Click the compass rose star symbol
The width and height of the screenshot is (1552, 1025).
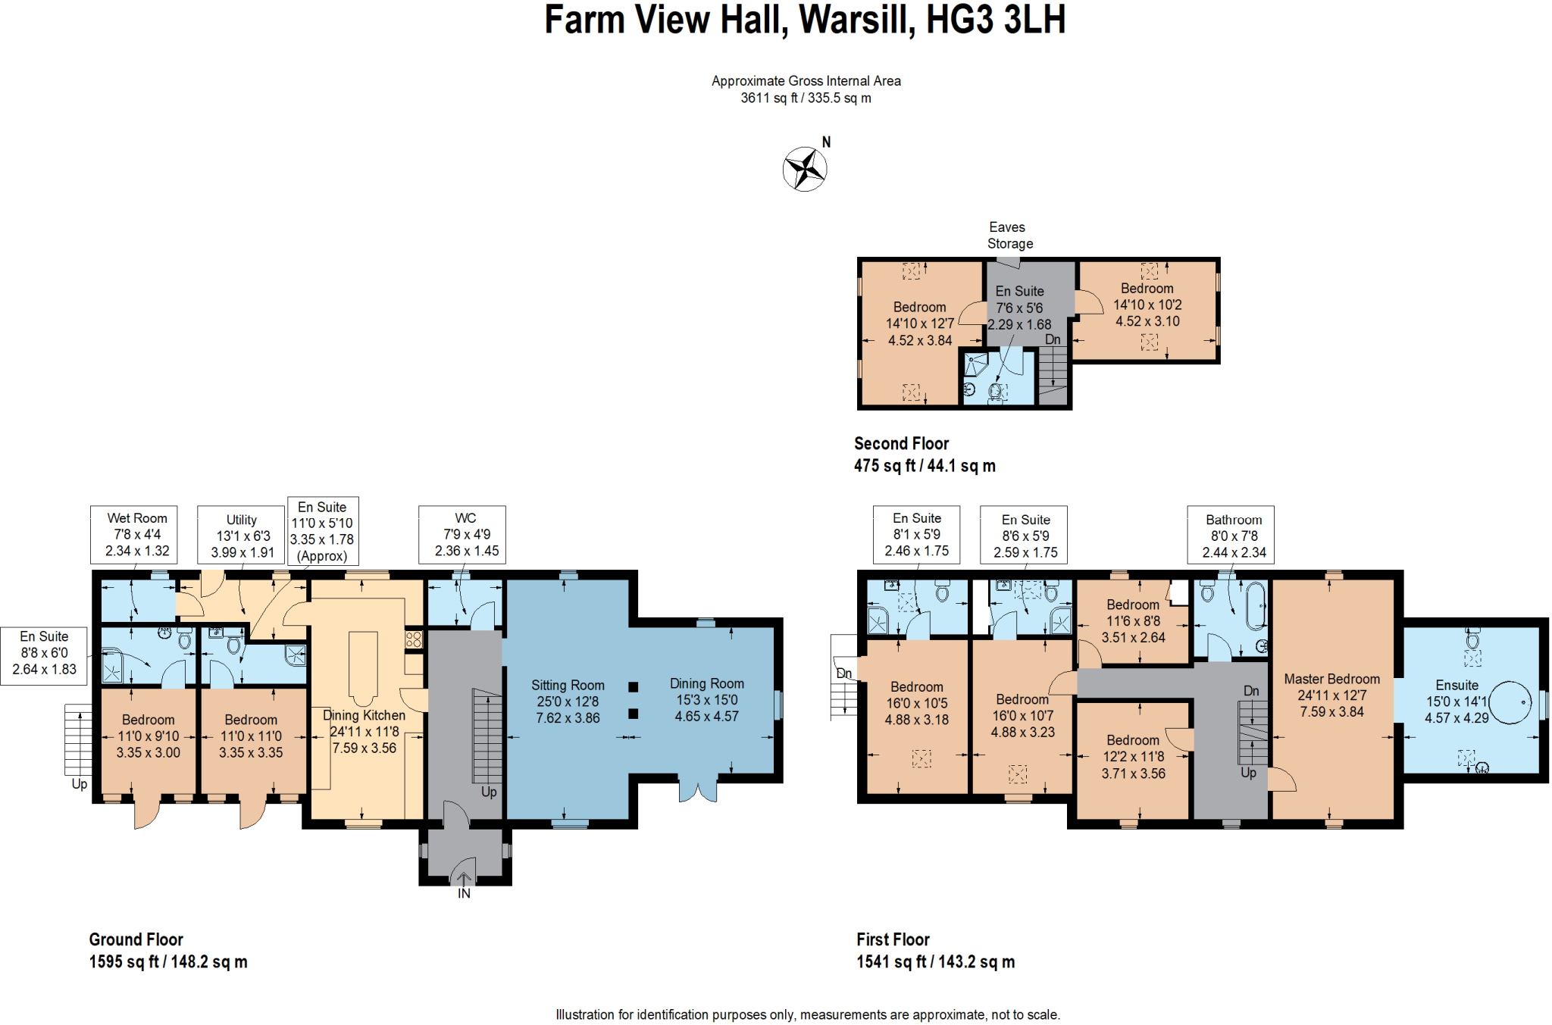pyautogui.click(x=805, y=169)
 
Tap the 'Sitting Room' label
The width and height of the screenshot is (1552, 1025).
pyautogui.click(x=568, y=686)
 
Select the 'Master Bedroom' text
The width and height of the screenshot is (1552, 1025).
pyautogui.click(x=1331, y=680)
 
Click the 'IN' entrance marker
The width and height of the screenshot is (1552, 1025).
pyautogui.click(x=464, y=893)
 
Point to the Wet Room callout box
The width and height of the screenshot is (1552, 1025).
pyautogui.click(x=134, y=535)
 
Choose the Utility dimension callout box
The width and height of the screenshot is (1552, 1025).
pyautogui.click(x=241, y=535)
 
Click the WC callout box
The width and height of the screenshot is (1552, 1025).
pyautogui.click(x=462, y=535)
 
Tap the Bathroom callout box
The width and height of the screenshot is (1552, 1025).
pyautogui.click(x=1231, y=535)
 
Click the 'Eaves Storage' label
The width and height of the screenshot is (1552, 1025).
pyautogui.click(x=1009, y=236)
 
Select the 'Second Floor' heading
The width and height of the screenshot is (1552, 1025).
pyautogui.click(x=901, y=444)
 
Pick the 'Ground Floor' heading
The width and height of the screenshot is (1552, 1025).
pyautogui.click(x=136, y=940)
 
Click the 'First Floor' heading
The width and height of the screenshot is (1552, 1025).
pyautogui.click(x=893, y=940)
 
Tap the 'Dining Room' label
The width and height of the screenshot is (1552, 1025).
pyautogui.click(x=707, y=684)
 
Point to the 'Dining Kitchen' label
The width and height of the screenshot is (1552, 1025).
pyautogui.click(x=364, y=716)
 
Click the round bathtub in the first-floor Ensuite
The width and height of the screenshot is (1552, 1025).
pyautogui.click(x=1510, y=702)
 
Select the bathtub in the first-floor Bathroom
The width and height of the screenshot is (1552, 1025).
pyautogui.click(x=1256, y=606)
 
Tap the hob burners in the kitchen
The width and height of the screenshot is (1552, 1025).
pyautogui.click(x=413, y=639)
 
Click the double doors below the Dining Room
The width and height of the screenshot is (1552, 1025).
pyautogui.click(x=698, y=789)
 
